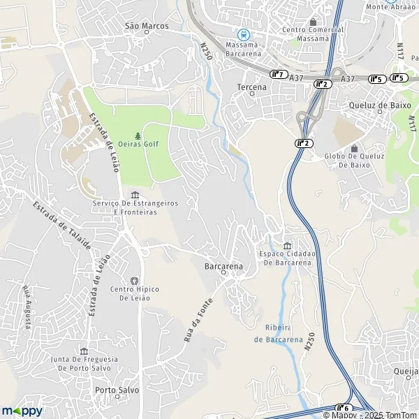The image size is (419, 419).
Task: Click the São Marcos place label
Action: point(147,26)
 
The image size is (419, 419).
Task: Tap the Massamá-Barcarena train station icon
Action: point(242,34)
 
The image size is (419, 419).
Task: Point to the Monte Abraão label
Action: point(391,6)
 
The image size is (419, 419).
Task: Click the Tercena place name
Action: point(252,87)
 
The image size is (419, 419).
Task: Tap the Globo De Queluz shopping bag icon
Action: point(353,148)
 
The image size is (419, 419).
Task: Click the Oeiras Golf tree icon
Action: point(138,135)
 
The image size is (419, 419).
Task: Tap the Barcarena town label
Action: point(223,267)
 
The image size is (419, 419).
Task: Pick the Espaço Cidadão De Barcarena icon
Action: point(288,244)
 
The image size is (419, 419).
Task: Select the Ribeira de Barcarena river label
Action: point(279,334)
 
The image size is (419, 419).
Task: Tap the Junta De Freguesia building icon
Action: point(84,351)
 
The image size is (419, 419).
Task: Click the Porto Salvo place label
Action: point(117,390)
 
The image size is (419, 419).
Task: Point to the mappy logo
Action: point(22,411)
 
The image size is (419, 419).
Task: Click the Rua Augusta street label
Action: point(27,307)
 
